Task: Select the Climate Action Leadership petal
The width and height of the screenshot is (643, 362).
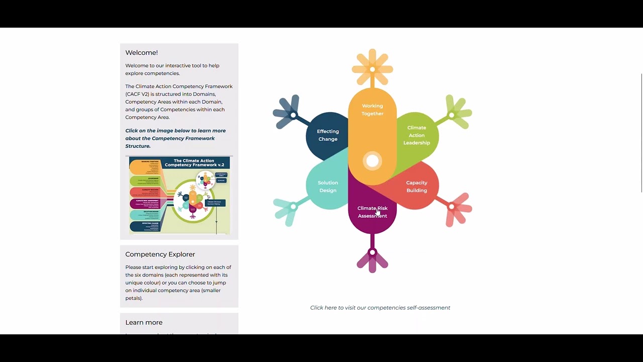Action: (x=416, y=135)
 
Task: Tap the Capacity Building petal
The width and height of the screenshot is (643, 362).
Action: (x=416, y=187)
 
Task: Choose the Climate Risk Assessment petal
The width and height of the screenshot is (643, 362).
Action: (x=372, y=212)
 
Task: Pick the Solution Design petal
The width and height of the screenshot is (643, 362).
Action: (x=328, y=187)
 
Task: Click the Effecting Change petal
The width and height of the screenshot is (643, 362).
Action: (x=328, y=135)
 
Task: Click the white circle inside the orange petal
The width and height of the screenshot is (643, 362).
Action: (x=372, y=161)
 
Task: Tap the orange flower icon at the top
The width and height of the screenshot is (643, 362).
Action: (x=372, y=68)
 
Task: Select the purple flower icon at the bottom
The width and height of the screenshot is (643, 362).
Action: (x=372, y=259)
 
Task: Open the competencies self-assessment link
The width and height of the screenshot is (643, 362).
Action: (x=380, y=308)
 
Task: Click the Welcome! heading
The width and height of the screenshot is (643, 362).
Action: (x=142, y=53)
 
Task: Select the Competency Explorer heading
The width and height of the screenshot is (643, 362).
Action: (x=160, y=254)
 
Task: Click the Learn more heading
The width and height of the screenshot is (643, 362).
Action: (x=144, y=322)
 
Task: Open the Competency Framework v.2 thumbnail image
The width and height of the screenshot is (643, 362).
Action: (x=179, y=195)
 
